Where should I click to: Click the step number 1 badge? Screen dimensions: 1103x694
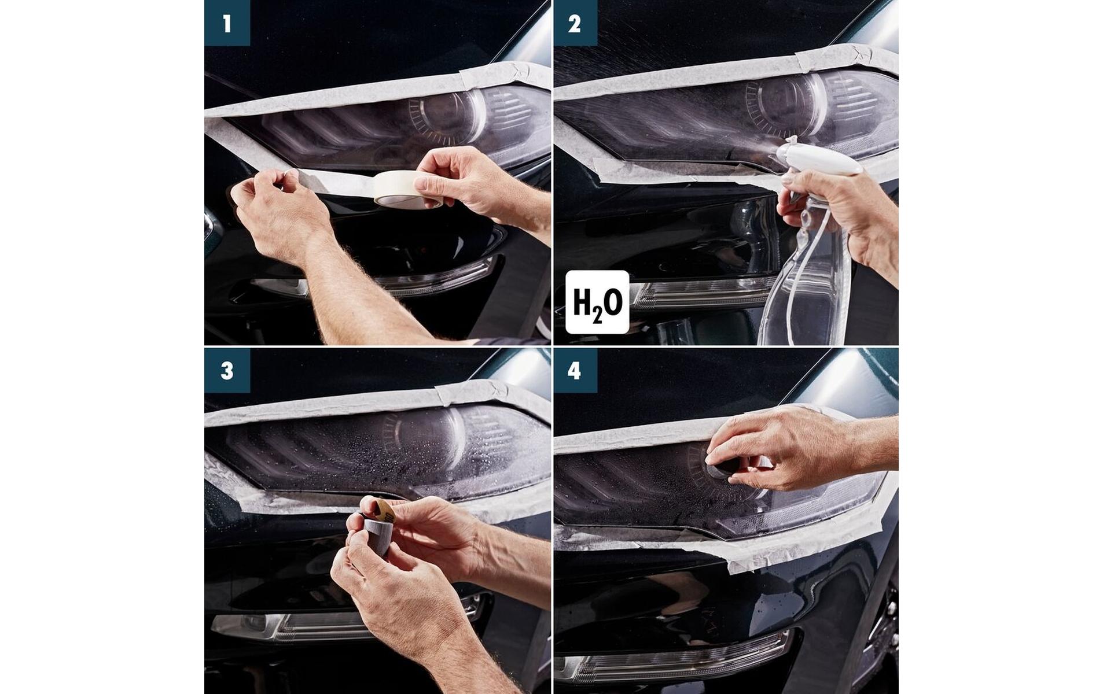coord(227,23)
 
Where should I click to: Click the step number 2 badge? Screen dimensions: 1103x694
coord(575,23)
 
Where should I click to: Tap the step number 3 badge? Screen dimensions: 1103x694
coord(227,371)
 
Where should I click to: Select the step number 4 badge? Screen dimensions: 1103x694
coord(575,371)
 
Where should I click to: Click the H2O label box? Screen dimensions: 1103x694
coord(597,302)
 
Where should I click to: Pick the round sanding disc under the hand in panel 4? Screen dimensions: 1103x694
coord(723,466)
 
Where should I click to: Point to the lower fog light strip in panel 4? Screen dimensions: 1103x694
coord(671,654)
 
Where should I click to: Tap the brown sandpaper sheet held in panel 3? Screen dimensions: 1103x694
coord(381,509)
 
